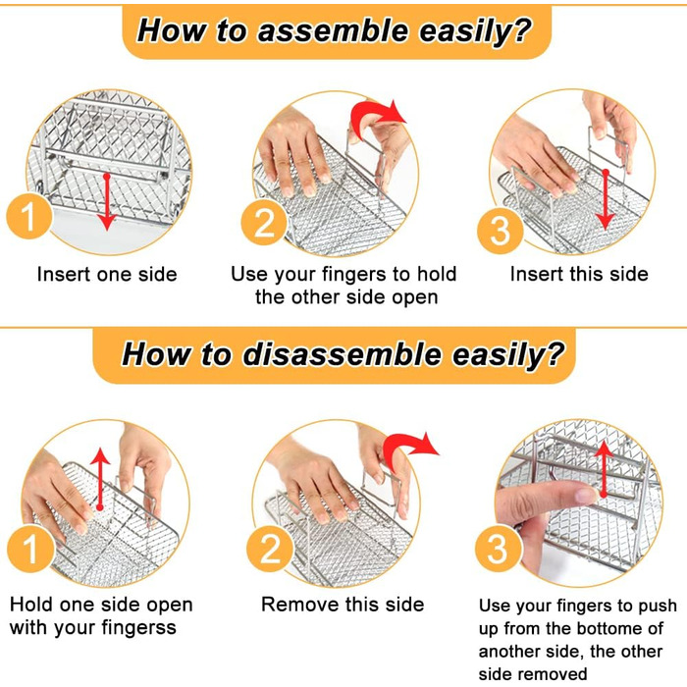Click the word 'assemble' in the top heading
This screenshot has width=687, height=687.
point(333,30)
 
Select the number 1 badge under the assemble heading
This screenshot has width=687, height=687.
point(28,217)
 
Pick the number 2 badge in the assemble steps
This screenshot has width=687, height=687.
point(264,222)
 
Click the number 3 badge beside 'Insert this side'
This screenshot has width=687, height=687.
point(500,231)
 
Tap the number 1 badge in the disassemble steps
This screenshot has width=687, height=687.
point(29,549)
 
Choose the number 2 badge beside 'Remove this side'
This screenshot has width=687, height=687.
point(270,549)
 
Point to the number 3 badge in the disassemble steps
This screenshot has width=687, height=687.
point(499,549)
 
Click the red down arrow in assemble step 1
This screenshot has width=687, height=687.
point(106,201)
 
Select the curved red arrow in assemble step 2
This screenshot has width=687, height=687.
point(377,115)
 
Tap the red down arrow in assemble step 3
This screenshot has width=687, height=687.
point(606,199)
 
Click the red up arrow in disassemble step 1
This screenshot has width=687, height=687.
point(100,479)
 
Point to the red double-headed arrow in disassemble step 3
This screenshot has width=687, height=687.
point(605,469)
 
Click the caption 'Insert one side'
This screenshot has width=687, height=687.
point(107,274)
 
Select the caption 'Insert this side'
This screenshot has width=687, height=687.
point(579,274)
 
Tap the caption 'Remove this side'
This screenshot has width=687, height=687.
point(343,605)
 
